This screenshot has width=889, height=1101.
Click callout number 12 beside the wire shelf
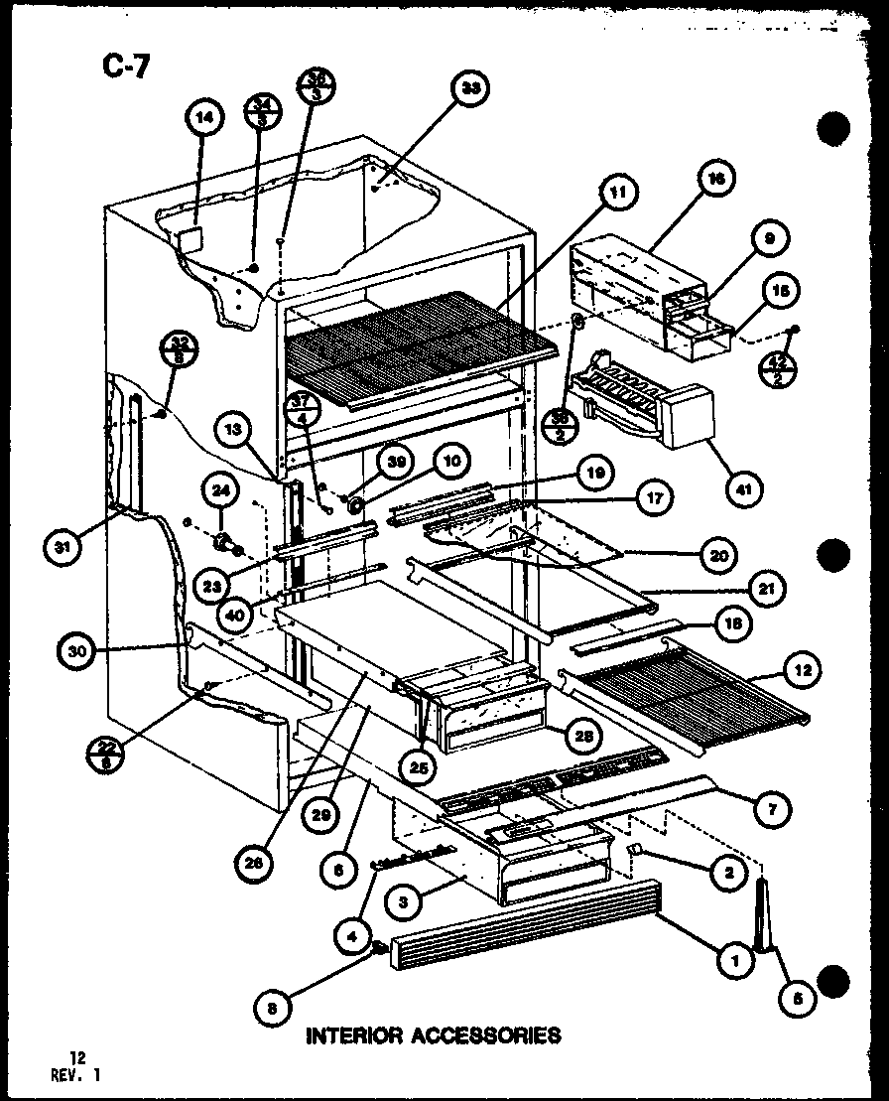click(x=801, y=672)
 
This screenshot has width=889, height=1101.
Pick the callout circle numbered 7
click(x=771, y=809)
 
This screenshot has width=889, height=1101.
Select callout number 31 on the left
click(x=63, y=549)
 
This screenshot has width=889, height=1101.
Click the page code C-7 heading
click(x=125, y=67)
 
